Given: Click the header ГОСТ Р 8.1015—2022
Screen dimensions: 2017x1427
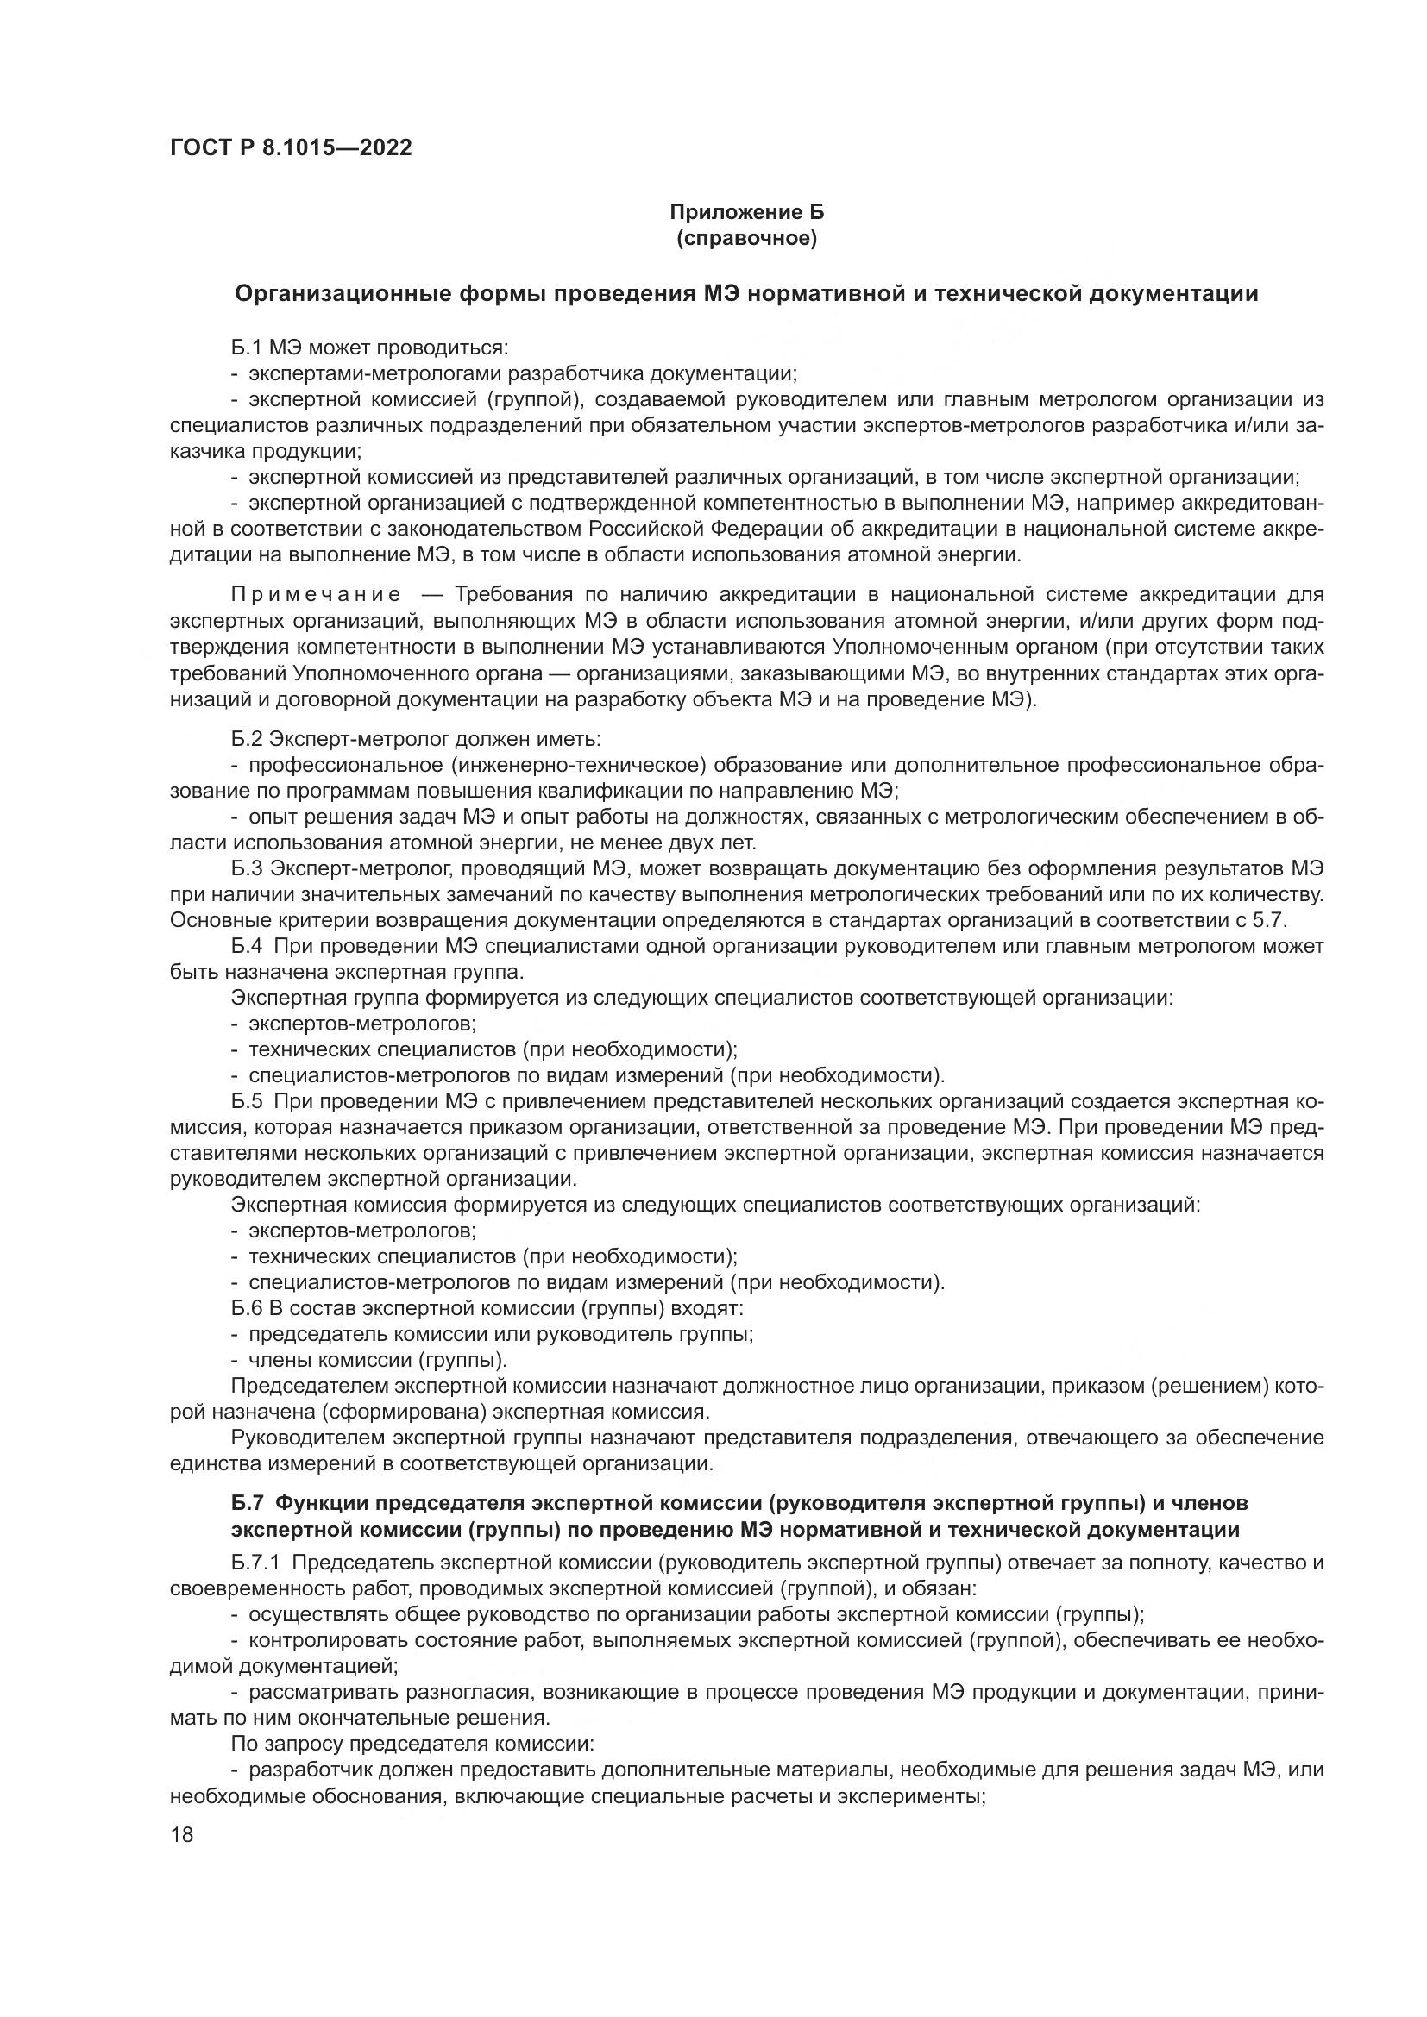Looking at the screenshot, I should pos(291,147).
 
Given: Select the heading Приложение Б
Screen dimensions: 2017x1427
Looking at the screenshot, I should pos(747,212).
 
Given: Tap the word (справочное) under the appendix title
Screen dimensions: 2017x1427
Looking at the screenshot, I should pos(747,238).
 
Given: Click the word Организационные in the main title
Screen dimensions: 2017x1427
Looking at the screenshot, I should pos(342,293).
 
